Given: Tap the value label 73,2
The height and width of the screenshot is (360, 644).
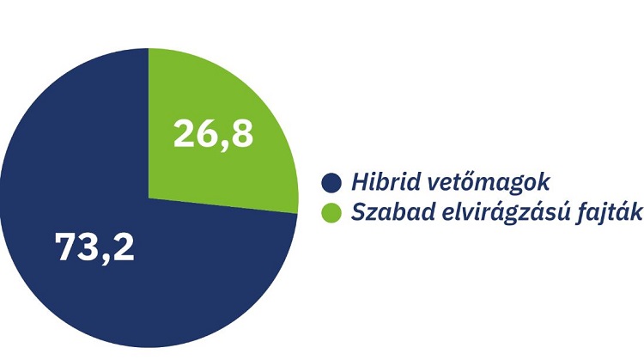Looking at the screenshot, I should (94, 247).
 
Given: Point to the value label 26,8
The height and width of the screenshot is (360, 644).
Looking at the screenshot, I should (213, 133).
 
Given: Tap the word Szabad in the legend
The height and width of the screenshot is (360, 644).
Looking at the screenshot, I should (380, 212).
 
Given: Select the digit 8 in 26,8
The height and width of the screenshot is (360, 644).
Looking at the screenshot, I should (242, 133).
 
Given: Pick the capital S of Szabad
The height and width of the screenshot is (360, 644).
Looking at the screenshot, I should (355, 212).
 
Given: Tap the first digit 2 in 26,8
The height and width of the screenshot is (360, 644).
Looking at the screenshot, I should (185, 133).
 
